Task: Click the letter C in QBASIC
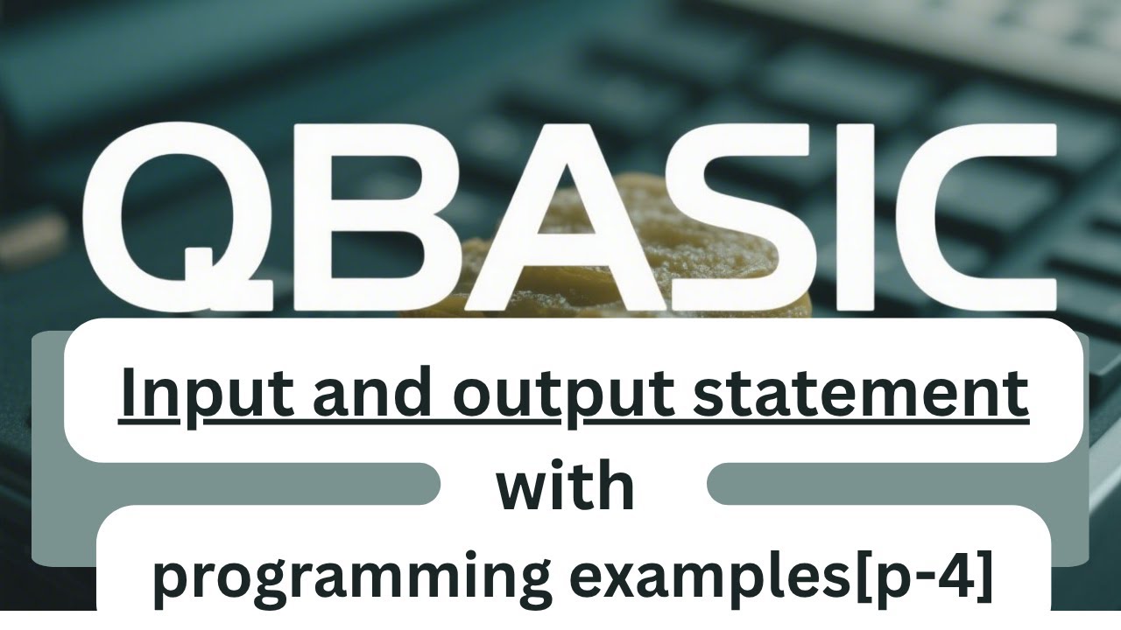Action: click(963, 219)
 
